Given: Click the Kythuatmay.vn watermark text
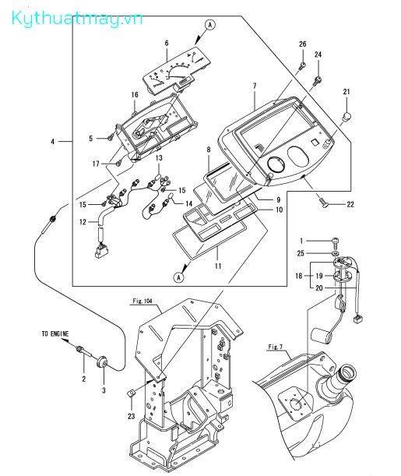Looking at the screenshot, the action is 77,18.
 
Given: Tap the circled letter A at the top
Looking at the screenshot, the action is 210,25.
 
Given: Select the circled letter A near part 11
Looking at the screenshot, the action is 178,277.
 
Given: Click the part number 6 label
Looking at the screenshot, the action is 167,43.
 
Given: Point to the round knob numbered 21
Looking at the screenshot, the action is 346,116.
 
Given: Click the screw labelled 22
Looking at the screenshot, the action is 323,203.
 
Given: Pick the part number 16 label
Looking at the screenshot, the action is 135,95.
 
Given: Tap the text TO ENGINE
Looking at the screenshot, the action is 55,333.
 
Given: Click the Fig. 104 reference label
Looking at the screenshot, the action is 142,301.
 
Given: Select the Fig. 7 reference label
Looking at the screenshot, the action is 275,347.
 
